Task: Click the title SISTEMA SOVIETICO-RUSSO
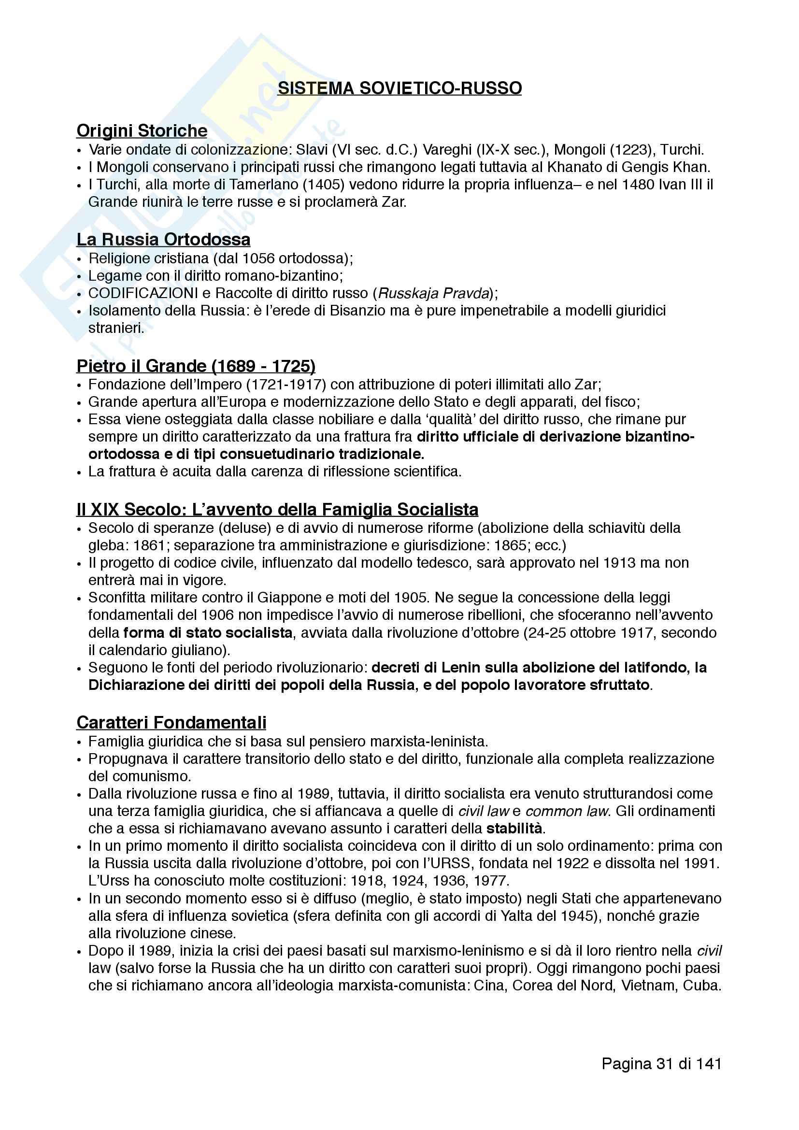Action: [399, 88]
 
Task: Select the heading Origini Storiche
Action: [142, 131]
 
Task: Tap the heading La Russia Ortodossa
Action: [163, 240]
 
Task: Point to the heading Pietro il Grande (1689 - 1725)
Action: [196, 366]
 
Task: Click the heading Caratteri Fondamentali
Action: [171, 722]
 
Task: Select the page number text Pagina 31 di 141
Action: [661, 1064]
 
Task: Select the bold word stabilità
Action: [514, 829]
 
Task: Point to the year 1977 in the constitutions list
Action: [490, 881]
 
